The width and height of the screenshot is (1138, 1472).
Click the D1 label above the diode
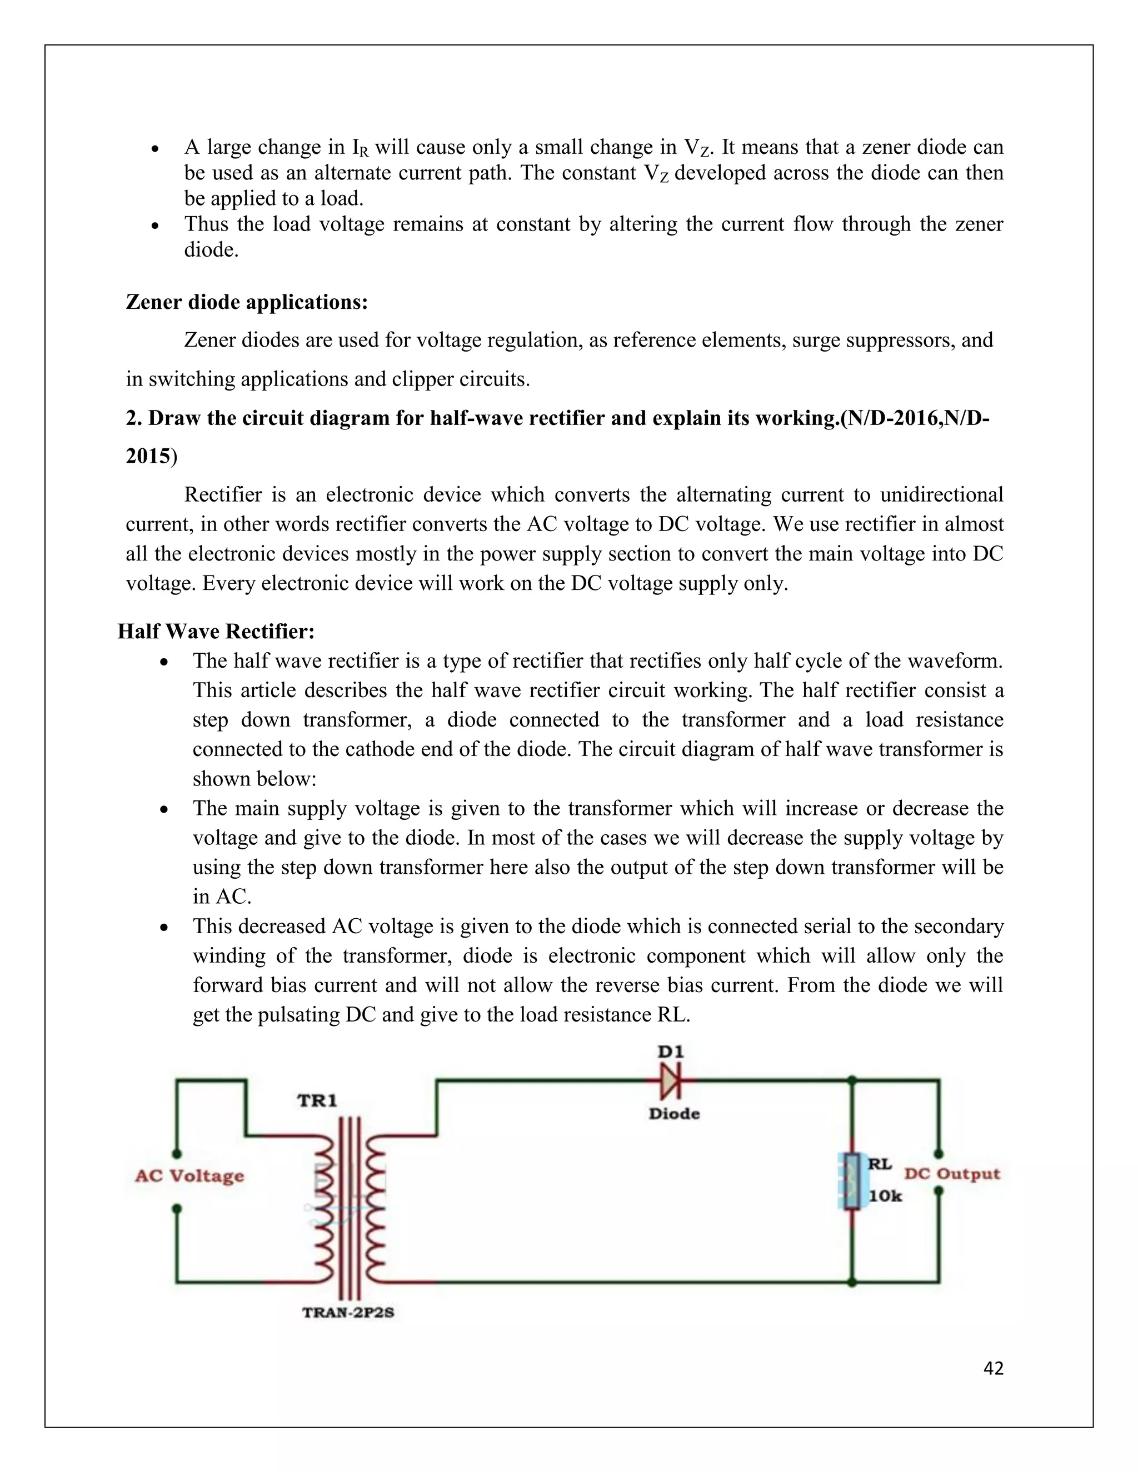(670, 1052)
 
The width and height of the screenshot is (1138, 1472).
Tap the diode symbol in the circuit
(671, 1081)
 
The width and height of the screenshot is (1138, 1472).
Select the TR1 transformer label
(317, 1100)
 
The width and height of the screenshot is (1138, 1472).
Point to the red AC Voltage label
(189, 1176)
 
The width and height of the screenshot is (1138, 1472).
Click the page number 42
(993, 1368)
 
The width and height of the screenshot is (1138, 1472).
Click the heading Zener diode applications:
(247, 302)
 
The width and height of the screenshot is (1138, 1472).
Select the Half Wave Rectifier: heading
(216, 632)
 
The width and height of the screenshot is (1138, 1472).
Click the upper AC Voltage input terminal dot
(177, 1153)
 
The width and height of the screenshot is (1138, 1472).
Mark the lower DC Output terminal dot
(939, 1191)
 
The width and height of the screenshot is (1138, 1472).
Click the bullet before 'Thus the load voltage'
(155, 226)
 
